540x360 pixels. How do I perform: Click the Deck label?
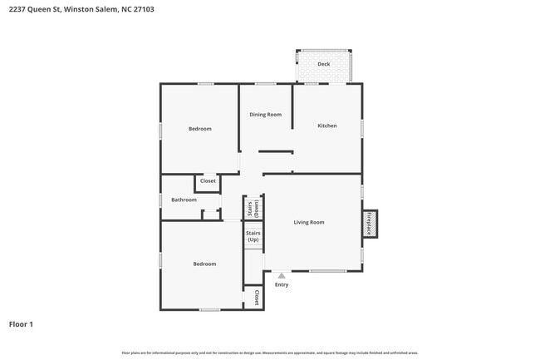coord(324,64)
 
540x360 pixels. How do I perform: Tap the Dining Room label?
coord(266,115)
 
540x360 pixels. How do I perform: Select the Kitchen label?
coord(327,126)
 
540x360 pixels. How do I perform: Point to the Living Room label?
coord(308,222)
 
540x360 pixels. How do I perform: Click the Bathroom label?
coord(184,200)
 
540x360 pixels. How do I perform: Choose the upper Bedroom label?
coord(199,129)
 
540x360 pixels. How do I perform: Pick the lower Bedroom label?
coord(204,264)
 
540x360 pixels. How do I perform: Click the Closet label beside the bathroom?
coord(208,180)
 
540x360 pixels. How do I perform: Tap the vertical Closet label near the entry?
coord(257,298)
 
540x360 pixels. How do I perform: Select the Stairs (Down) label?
coord(253,208)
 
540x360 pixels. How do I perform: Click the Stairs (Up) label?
coord(253,236)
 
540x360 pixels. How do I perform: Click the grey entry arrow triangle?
coord(282,275)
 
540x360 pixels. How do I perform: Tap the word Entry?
coord(282,285)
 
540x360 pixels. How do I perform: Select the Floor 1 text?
coord(21,323)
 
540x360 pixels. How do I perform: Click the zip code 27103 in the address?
coord(143,9)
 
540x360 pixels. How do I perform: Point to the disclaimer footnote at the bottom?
coord(270,353)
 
